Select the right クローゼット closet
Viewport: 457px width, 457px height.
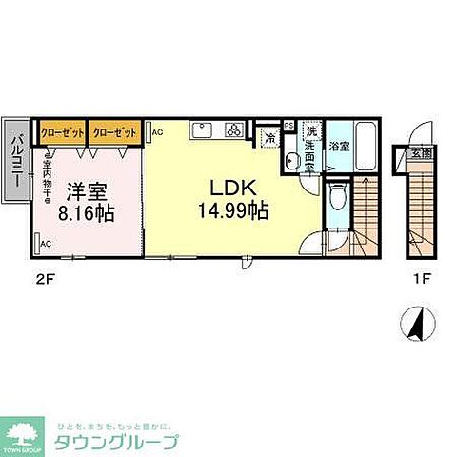tap(115, 131)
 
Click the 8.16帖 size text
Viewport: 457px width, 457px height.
tap(87, 213)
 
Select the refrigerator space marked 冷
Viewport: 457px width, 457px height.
tap(269, 139)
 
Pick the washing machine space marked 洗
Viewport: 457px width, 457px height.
tap(310, 131)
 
